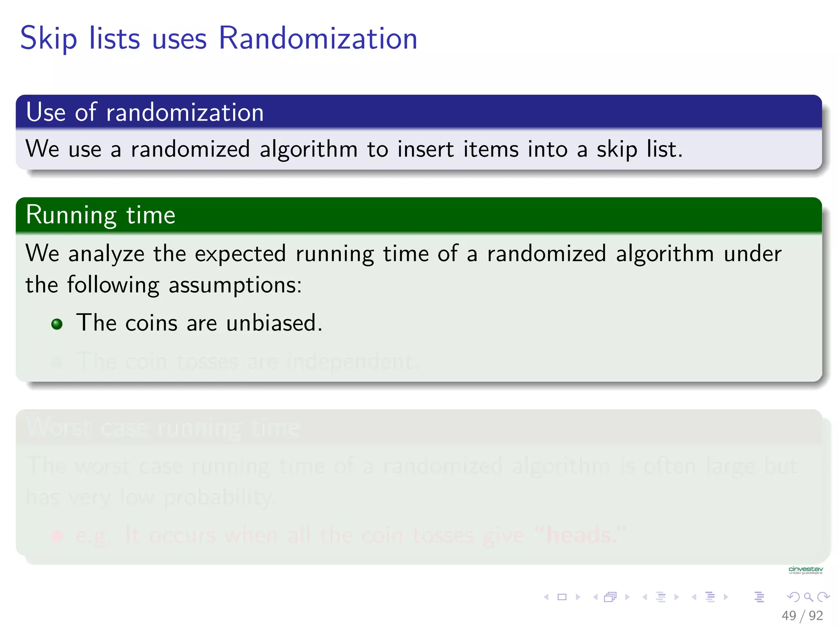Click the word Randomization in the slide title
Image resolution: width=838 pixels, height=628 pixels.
(x=318, y=38)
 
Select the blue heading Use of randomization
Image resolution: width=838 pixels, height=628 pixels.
(x=145, y=112)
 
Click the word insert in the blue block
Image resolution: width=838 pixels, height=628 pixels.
(x=425, y=149)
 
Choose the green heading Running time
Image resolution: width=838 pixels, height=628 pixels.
(x=101, y=215)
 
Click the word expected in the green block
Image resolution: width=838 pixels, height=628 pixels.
(x=240, y=254)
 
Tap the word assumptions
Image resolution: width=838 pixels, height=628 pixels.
(x=234, y=285)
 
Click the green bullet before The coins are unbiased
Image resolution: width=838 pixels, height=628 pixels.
(x=57, y=324)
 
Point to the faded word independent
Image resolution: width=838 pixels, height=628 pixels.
(x=352, y=362)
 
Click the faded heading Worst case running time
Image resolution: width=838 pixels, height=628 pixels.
(x=163, y=428)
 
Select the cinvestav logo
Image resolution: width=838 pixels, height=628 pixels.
(x=805, y=570)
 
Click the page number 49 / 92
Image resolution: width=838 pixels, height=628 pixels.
(x=802, y=615)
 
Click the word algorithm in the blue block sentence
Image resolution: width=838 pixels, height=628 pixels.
(x=309, y=149)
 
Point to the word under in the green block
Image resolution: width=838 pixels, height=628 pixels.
(x=752, y=254)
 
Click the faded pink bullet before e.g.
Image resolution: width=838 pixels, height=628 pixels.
(x=57, y=536)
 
